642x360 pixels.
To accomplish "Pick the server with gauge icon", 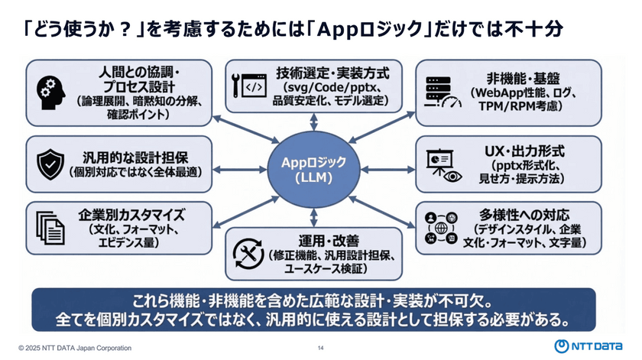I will tap(444, 90).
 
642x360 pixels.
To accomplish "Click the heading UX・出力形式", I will tap(517, 151).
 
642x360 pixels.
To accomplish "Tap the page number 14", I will tap(320, 349).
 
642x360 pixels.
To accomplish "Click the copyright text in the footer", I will tap(76, 349).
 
